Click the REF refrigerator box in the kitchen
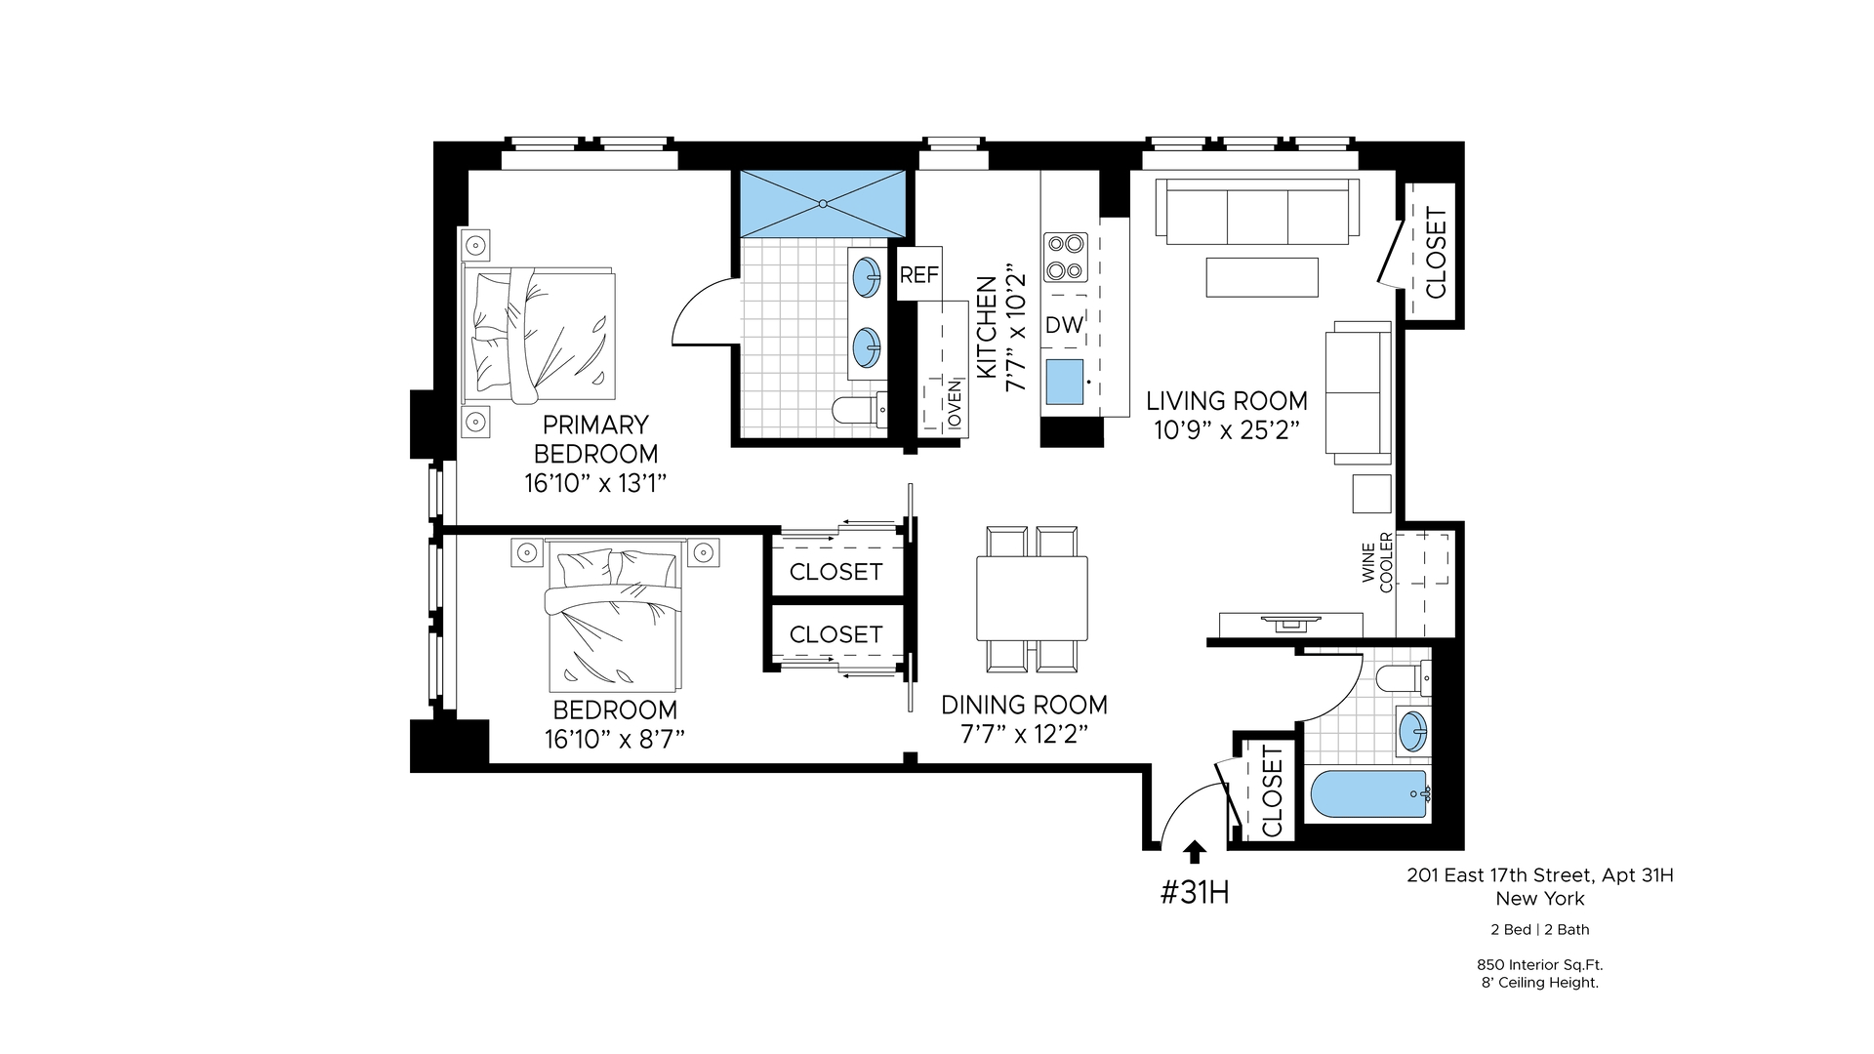click(x=918, y=274)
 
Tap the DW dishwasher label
click(x=1064, y=325)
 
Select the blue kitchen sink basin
click(x=1064, y=382)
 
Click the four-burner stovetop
click(x=1065, y=257)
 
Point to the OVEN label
click(x=955, y=404)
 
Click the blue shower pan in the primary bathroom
click(x=823, y=203)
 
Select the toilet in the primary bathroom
click(x=860, y=409)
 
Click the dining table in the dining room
click(x=1032, y=598)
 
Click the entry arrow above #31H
click(x=1193, y=852)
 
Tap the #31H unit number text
click(x=1195, y=892)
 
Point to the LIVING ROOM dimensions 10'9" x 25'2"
click(x=1227, y=430)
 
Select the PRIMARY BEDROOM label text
click(x=595, y=439)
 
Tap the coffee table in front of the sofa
click(x=1262, y=276)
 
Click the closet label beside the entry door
click(x=1271, y=791)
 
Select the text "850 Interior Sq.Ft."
click(x=1539, y=964)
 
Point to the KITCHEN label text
click(x=987, y=327)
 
